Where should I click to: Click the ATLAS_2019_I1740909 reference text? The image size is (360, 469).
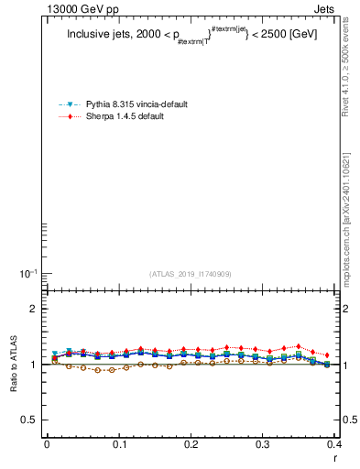coord(191,274)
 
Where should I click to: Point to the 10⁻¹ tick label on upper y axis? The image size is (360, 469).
coord(28,274)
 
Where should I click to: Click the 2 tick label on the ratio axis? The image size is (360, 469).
coord(34,309)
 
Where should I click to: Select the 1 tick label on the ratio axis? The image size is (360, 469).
coord(34,365)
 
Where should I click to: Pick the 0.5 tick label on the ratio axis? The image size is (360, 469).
coord(30,420)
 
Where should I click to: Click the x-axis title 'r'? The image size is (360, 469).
coord(333,457)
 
